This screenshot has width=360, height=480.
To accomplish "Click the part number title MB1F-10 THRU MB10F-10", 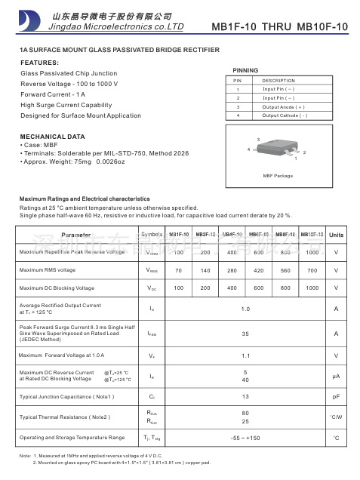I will click(279, 27).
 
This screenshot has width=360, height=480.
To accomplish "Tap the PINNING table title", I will click(247, 69).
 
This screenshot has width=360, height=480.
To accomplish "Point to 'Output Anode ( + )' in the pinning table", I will click(285, 107).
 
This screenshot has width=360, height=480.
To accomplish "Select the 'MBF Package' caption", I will click(277, 176).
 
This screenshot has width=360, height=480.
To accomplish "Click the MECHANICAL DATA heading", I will click(52, 137).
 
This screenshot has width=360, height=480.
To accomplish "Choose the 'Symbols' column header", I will click(152, 235).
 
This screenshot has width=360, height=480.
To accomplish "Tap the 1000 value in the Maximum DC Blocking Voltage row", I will click(312, 288).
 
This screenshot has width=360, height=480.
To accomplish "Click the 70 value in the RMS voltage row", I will click(178, 269).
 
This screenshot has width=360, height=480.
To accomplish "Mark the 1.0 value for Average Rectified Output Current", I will click(245, 309).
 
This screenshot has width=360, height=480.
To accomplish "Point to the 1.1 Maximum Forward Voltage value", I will click(245, 355).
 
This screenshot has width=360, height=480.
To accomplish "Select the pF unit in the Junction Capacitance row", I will click(336, 395).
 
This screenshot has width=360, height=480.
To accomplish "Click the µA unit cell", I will click(336, 375).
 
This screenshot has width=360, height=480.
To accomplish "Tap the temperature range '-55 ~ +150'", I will click(245, 438).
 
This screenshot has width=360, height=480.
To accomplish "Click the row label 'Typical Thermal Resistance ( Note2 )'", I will click(65, 417).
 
